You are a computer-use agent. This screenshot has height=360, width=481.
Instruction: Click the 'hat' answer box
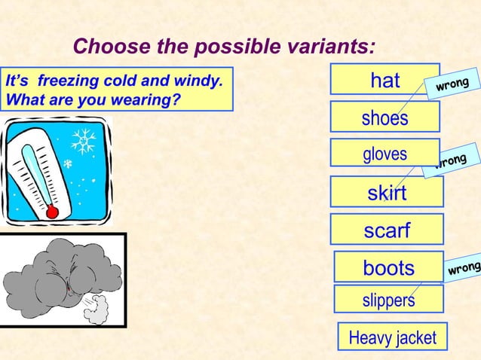[x=384, y=80]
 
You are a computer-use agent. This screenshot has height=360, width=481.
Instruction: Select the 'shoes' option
[x=384, y=117]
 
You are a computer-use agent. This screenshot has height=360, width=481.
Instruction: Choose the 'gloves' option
[x=384, y=154]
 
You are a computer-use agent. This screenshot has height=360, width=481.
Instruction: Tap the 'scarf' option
[x=387, y=230]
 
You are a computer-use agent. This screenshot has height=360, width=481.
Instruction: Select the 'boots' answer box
[x=388, y=267]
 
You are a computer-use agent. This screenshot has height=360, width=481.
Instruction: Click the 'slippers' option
[x=388, y=300]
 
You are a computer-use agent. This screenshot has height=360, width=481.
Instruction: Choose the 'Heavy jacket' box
[x=392, y=337]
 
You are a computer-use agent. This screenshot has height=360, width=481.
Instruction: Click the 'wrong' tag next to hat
[x=452, y=84]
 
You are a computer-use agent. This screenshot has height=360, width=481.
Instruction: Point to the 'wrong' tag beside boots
[x=463, y=268]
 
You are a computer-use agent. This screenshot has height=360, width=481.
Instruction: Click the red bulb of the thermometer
[x=52, y=212]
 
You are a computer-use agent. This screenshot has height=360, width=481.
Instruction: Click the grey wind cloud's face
[x=64, y=275]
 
